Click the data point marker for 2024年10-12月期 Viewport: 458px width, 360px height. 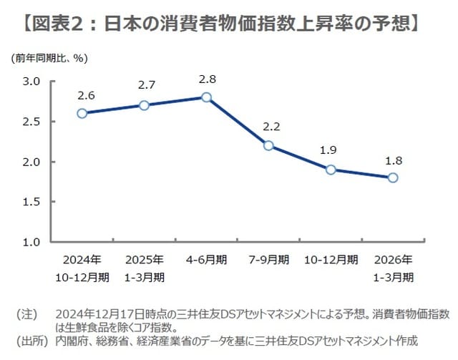(82, 113)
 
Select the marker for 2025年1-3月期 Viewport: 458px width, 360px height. (144, 105)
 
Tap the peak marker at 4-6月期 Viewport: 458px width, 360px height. (206, 97)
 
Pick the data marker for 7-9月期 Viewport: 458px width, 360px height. (268, 145)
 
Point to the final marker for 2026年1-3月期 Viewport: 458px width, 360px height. (393, 177)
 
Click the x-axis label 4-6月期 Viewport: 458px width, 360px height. (206, 260)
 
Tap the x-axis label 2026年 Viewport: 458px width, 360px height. (393, 260)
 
